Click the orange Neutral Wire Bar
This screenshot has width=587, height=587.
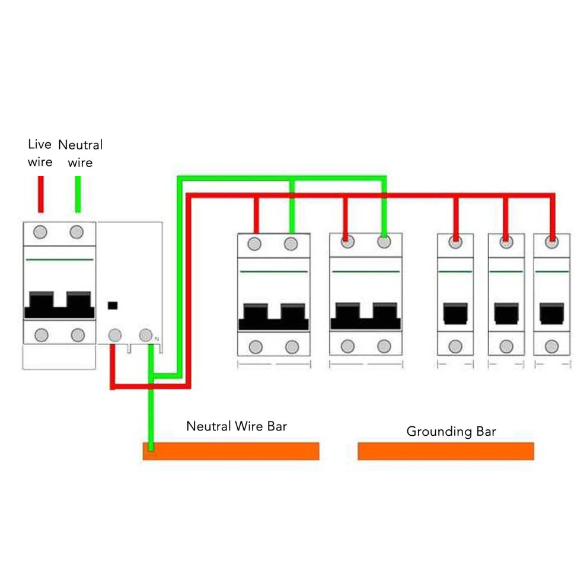pos(231,451)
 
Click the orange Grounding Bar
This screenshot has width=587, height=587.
pos(446,451)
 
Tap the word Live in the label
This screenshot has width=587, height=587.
pos(40,144)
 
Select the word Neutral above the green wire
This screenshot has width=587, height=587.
pos(80,145)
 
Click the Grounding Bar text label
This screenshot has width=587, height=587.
pos(451,432)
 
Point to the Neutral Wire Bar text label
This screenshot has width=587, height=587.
pos(237,426)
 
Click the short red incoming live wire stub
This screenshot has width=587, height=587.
pos(41,194)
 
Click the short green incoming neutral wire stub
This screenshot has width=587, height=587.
pos(78,194)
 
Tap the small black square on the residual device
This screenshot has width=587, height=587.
pos(113,305)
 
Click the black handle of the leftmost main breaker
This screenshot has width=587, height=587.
pos(59,305)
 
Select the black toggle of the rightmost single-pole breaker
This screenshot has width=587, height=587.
pos(552,313)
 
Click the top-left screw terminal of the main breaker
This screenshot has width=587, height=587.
pos(40,232)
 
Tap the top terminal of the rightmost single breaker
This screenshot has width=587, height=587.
pos(552,242)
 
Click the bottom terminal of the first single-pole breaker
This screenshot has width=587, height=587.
pos(455,346)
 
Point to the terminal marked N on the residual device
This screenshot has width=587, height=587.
pos(146,334)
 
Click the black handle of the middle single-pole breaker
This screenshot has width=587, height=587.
pos(506,313)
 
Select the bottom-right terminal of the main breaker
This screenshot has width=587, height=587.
pos(78,334)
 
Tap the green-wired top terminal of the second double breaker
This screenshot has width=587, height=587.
pos(384,242)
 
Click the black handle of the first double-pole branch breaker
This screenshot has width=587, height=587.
pos(274,317)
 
